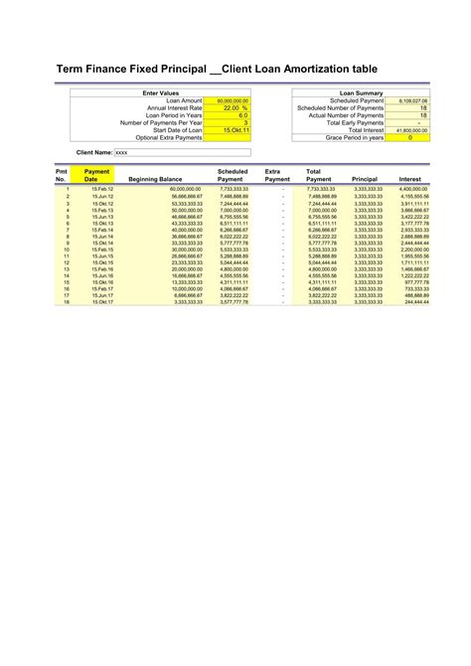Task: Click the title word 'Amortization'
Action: [331, 71]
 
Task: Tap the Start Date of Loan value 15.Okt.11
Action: [235, 129]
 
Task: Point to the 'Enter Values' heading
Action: [161, 92]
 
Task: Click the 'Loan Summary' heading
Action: [361, 92]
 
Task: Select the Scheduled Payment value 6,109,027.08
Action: [412, 100]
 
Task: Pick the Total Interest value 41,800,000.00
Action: [411, 129]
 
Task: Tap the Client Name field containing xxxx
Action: [182, 153]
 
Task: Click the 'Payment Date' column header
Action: [97, 175]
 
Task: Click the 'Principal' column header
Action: [365, 179]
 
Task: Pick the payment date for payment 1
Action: [102, 188]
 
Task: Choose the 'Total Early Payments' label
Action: [356, 122]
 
